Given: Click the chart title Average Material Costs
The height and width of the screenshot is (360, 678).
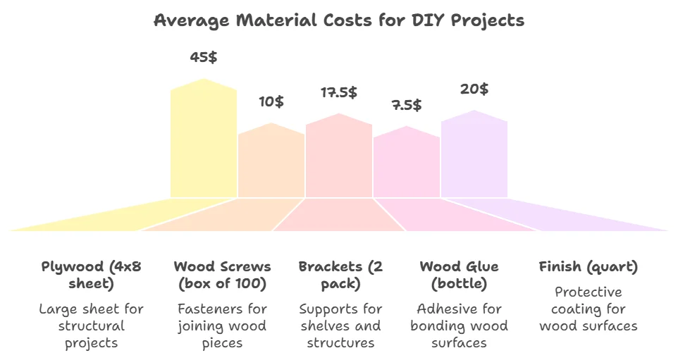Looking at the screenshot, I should pos(339,20).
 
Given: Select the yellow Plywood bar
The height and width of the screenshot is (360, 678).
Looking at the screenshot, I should pos(204,141).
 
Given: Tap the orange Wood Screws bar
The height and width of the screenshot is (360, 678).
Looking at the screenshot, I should pos(271,162).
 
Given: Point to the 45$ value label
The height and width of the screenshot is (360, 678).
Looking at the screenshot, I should pos(204,57).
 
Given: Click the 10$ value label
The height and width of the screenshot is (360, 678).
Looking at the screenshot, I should pos(271,101).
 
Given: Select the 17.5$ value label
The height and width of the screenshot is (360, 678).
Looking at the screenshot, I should pos(339,92).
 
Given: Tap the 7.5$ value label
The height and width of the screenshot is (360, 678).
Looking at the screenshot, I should pos(407,105).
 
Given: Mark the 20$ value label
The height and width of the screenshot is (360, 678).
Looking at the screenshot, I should pos(474,89).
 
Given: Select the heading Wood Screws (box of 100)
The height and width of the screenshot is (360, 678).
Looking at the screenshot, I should pos(222,275).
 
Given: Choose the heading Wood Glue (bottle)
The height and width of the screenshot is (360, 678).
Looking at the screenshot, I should pos(459,275).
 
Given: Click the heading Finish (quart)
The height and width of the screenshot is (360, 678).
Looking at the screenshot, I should pos(588,267).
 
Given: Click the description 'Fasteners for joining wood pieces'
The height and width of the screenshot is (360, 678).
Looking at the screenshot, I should pos(222,326).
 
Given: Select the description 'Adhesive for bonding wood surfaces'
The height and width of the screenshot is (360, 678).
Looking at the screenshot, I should pos(459,326).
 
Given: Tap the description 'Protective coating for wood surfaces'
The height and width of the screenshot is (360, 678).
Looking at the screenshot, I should pos(588,309).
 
